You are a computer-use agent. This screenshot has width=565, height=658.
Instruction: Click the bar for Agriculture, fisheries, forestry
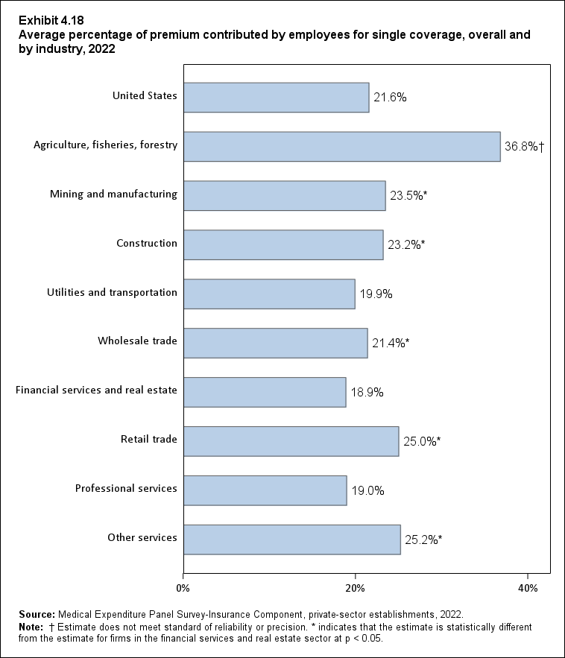coord(341,147)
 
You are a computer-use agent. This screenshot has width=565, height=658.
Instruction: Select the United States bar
coord(276,98)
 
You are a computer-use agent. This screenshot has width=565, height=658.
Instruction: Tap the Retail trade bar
coord(291,441)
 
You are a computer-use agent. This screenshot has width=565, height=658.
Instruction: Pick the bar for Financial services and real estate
coord(265,392)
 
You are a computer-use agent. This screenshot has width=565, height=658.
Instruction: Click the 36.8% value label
coord(524,147)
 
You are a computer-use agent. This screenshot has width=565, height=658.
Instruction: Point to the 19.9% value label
coord(376,294)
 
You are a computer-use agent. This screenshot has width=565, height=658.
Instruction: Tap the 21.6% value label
coord(390,98)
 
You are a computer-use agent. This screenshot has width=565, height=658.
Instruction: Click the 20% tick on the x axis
coord(356,589)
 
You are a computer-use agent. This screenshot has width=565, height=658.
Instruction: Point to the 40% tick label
coord(527,589)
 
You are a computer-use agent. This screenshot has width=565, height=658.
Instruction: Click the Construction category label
coord(147,243)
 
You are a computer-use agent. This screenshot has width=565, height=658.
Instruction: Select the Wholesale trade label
coord(137,341)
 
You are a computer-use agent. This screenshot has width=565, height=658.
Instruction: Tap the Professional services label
coord(126,488)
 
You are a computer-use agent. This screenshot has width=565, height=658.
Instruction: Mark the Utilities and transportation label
coord(111,292)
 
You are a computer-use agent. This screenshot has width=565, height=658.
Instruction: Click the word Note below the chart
coord(32,627)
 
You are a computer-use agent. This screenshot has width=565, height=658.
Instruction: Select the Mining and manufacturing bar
coord(284,196)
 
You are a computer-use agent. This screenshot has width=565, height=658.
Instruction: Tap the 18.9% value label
coord(367,392)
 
